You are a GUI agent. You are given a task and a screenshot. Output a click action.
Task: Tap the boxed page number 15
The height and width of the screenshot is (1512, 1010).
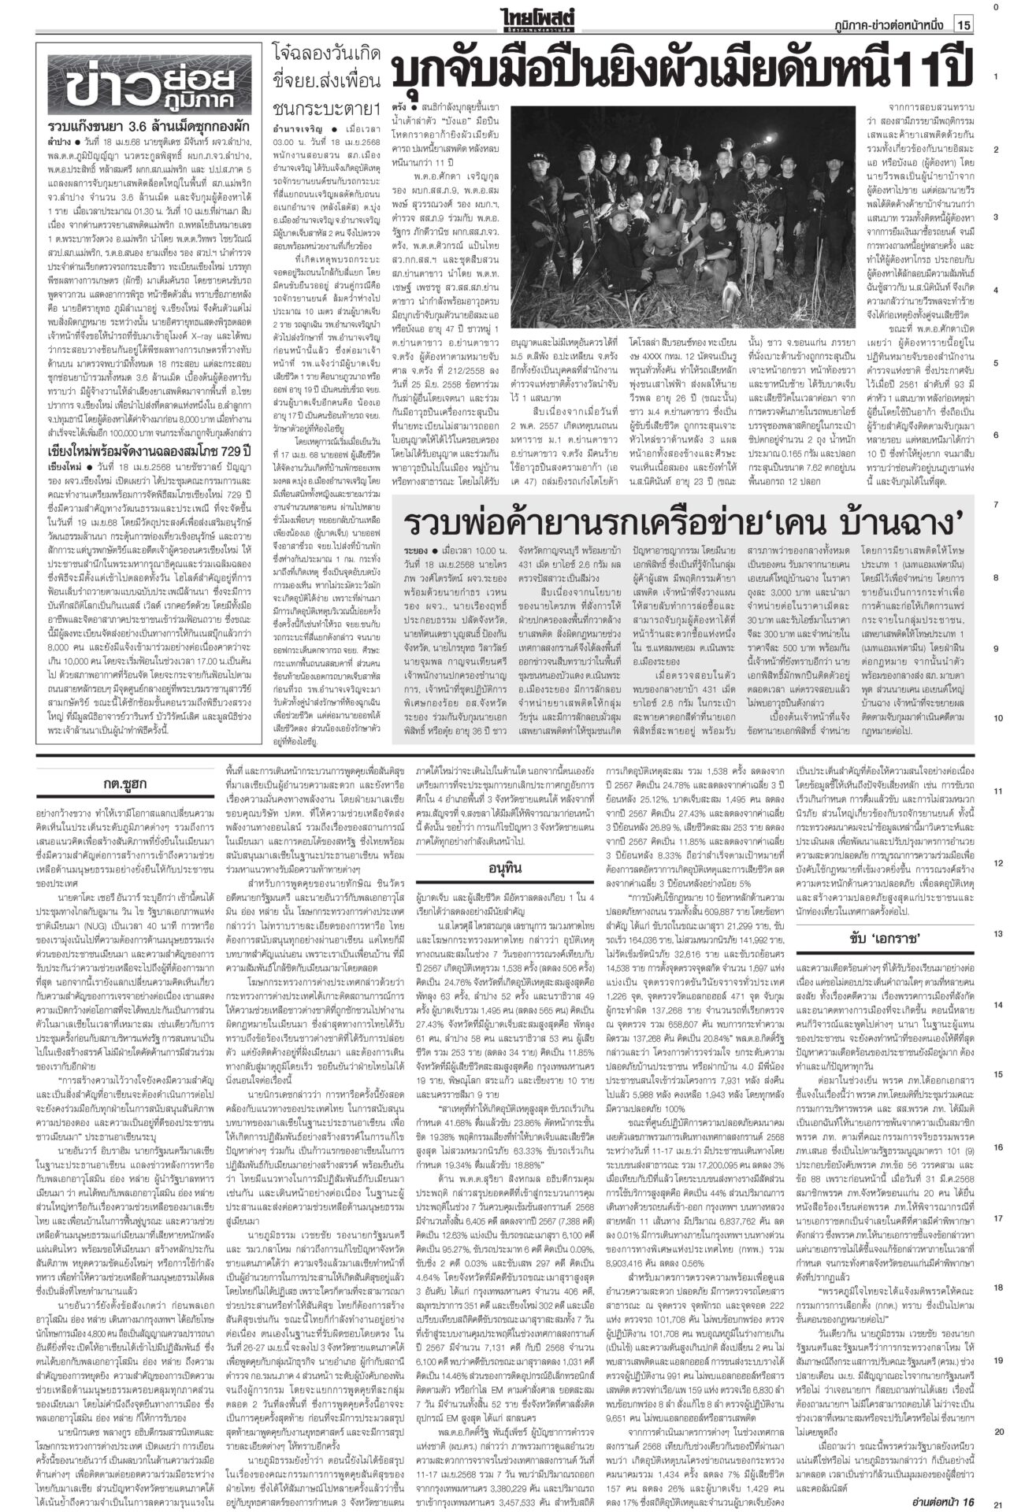[x=964, y=25]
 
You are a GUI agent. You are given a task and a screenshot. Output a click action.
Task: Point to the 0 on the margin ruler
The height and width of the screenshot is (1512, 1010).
[x=997, y=8]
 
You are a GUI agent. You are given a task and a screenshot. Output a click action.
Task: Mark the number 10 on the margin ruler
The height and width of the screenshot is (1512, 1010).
[x=997, y=718]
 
